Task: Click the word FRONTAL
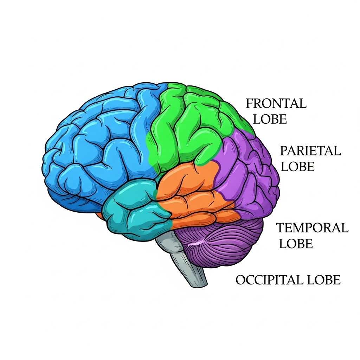pos(276,104)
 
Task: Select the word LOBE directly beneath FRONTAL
pos(270,119)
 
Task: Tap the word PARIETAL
pos(310,151)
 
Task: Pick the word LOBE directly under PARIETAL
pos(297,166)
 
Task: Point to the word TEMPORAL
pos(312,228)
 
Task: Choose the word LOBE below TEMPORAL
pos(296,244)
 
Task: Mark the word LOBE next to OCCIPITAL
pos(324,280)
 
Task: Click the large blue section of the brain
pos(98,148)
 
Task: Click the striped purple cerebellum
pos(225,246)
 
